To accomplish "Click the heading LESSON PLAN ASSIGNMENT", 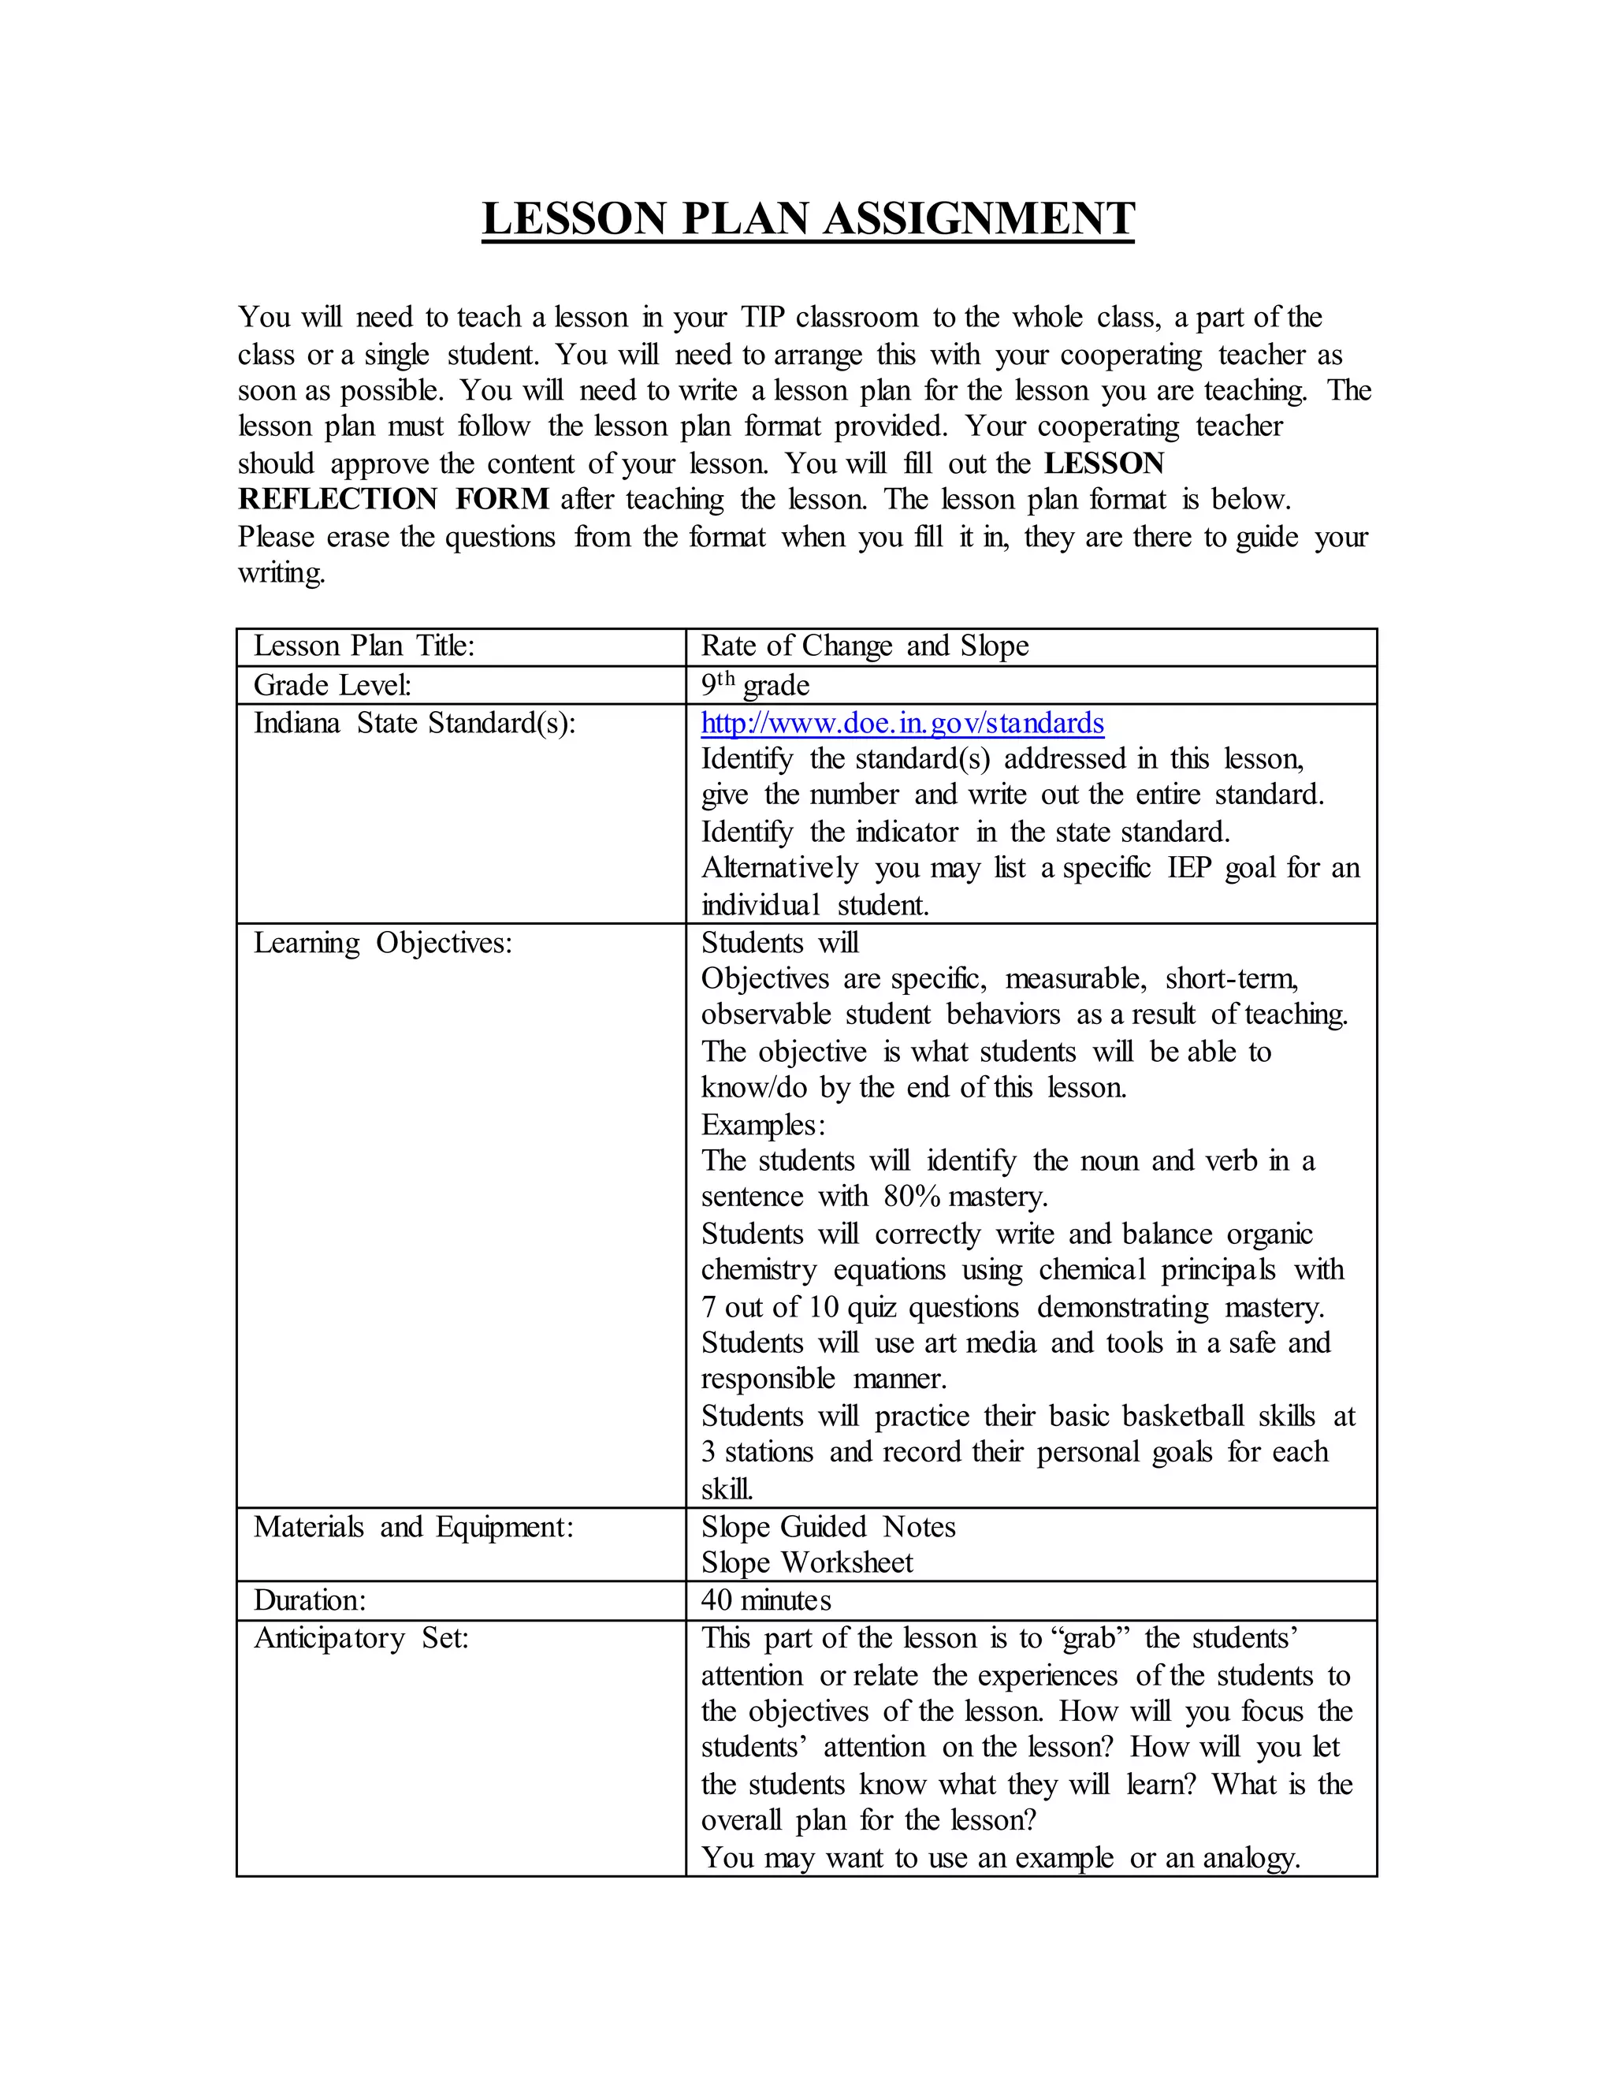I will [x=808, y=218].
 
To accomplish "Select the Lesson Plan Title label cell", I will [x=364, y=646].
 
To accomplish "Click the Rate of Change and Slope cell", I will [x=865, y=646].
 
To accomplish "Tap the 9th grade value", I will [x=754, y=685].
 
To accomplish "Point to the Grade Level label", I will [x=332, y=685].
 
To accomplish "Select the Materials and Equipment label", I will [x=413, y=1527].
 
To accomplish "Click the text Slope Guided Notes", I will [x=828, y=1527].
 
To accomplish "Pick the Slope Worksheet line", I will [x=807, y=1563].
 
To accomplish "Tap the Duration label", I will [x=310, y=1600].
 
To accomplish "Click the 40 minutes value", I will [x=766, y=1600].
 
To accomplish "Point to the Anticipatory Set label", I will [x=360, y=1639].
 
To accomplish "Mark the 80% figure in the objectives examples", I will [x=911, y=1197].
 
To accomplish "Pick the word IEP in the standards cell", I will [x=1188, y=869].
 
